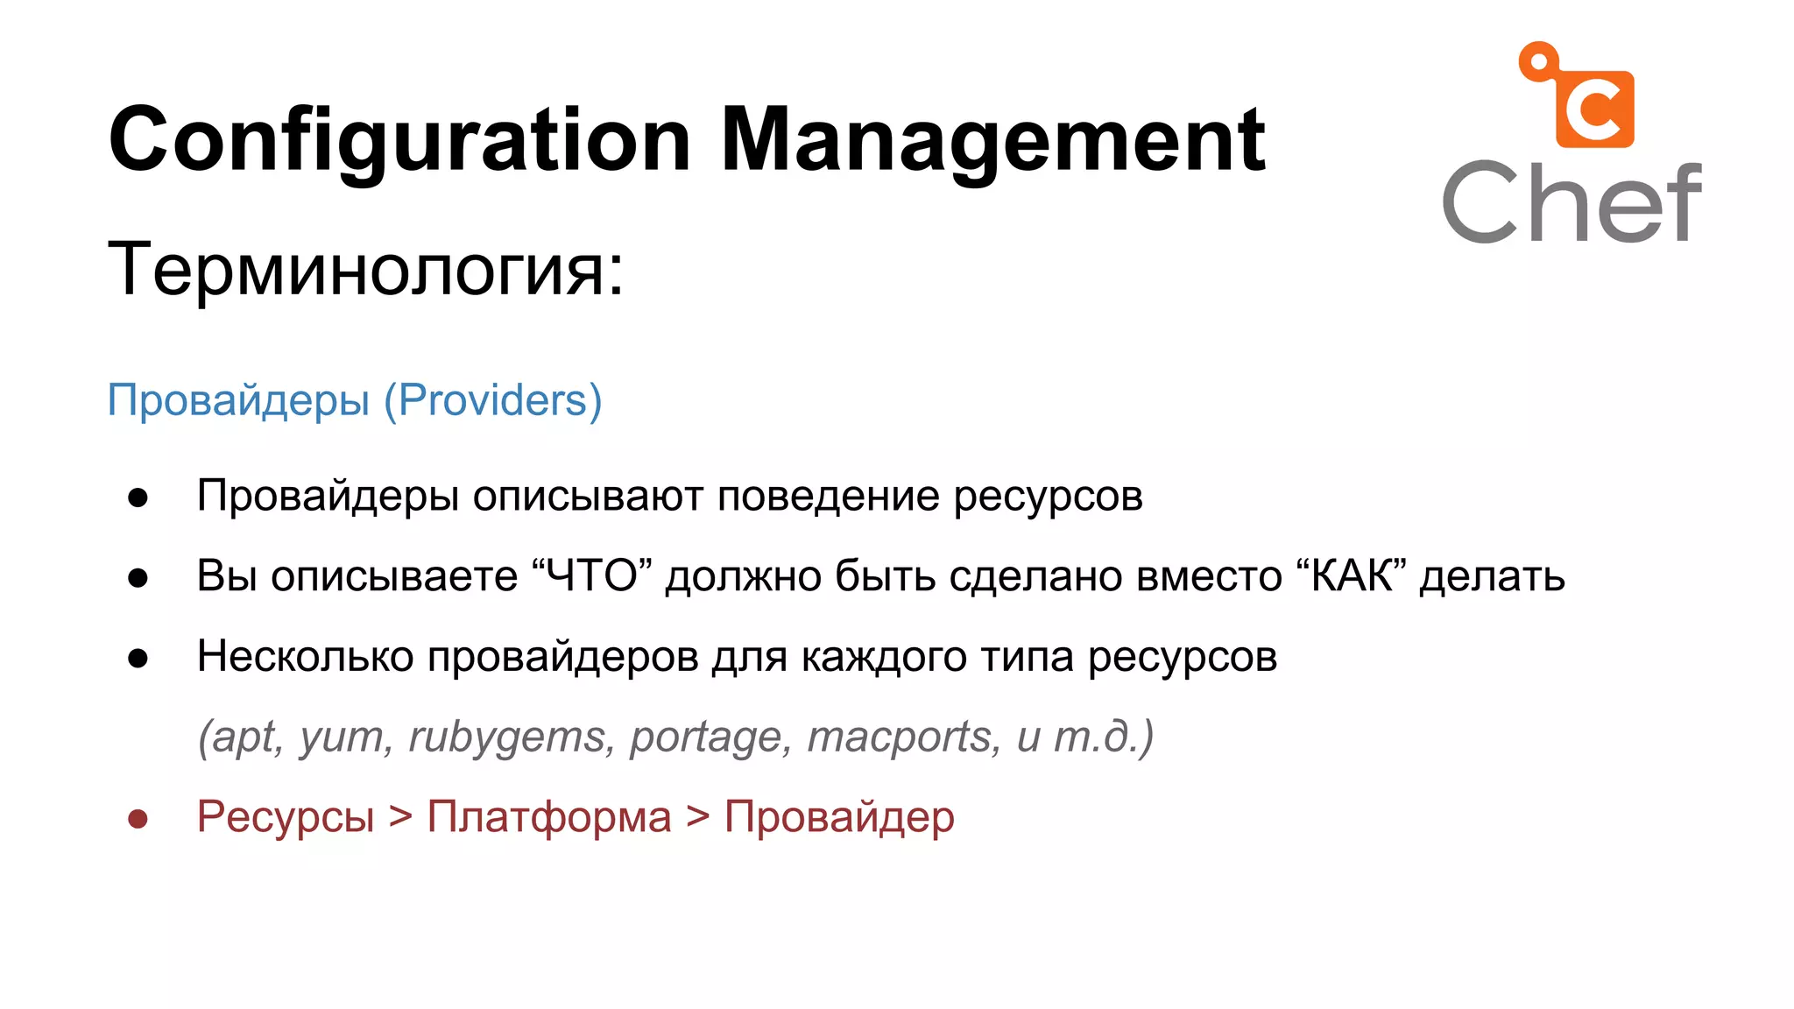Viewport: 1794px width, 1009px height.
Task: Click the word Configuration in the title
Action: click(399, 140)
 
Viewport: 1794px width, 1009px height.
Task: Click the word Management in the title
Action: click(992, 140)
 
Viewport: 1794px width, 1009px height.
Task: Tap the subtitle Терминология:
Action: click(365, 269)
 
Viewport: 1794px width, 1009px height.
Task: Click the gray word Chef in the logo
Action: click(1572, 203)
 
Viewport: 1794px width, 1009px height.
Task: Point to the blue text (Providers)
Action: click(492, 400)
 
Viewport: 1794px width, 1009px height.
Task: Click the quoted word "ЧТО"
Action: click(592, 576)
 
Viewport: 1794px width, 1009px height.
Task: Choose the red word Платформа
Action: click(549, 816)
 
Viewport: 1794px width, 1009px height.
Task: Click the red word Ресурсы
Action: click(286, 816)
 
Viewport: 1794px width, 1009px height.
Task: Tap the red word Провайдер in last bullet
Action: click(839, 816)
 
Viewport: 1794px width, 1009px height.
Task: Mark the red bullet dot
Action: click(138, 819)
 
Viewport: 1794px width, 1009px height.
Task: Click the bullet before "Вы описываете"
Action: click(138, 578)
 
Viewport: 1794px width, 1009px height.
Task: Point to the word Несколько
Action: click(305, 656)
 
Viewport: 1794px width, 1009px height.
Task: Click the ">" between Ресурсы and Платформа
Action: click(400, 816)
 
